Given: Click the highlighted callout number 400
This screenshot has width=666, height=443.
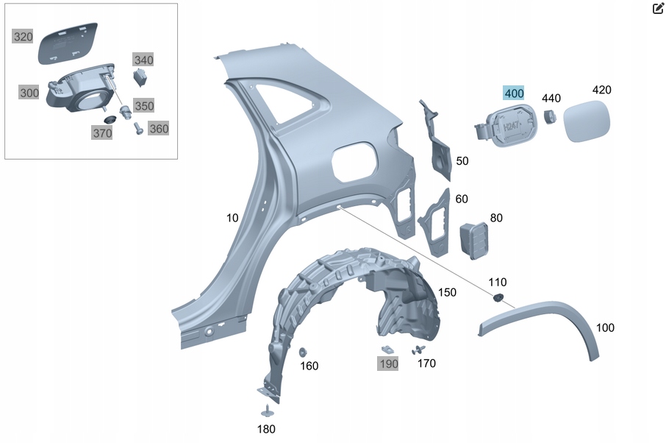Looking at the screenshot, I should click(x=514, y=93).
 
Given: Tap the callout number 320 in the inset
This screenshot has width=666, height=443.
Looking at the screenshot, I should click(x=23, y=37).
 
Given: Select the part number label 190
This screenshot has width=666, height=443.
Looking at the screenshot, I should click(x=388, y=363).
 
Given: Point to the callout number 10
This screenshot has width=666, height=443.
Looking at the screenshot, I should click(x=232, y=218).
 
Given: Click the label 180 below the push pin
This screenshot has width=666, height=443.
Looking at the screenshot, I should click(x=266, y=429).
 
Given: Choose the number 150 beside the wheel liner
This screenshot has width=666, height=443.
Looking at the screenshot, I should click(x=446, y=292).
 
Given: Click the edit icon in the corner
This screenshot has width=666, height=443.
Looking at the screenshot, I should click(x=658, y=9).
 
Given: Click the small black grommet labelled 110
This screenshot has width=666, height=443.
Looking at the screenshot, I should click(x=497, y=297).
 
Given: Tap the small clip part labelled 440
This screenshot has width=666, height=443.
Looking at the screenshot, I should click(x=548, y=116).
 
